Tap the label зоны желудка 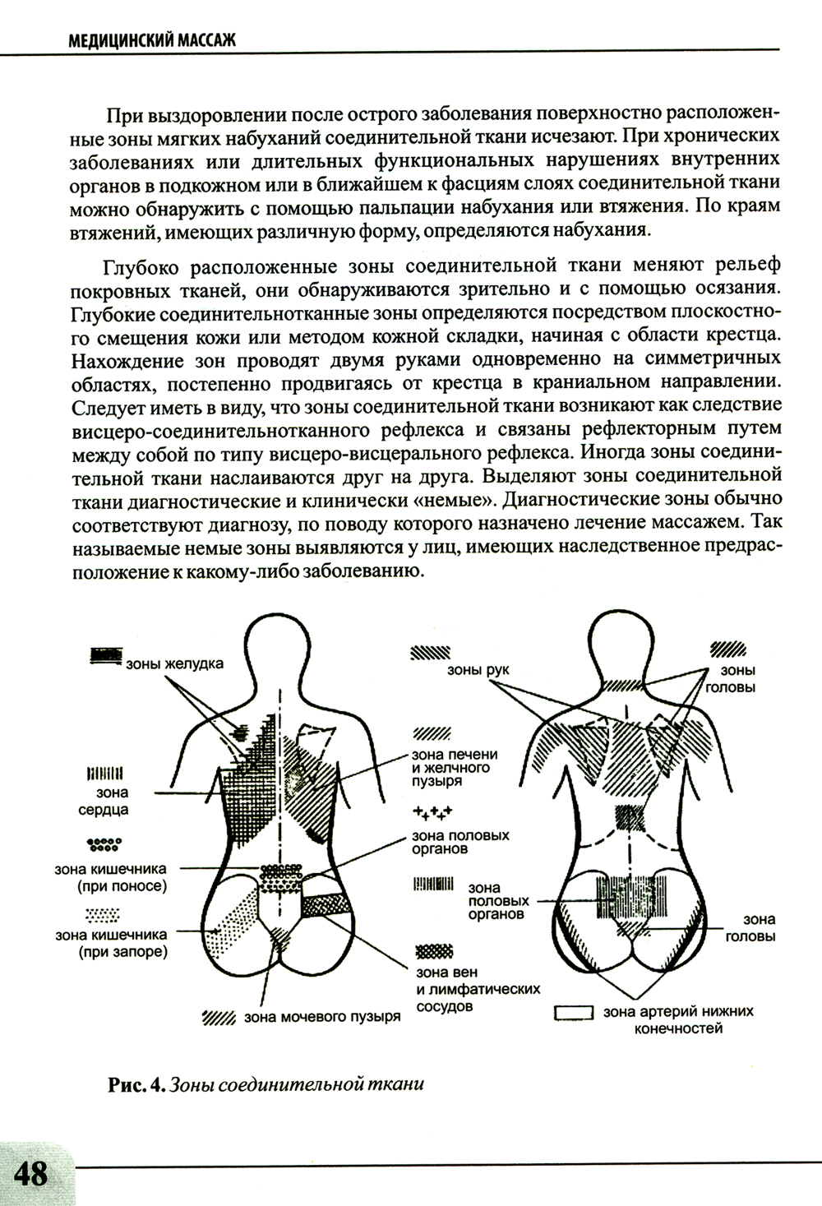point(173,663)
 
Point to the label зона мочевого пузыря point(321,1018)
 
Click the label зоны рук point(478,670)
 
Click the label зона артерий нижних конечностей point(678,1019)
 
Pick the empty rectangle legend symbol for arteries point(575,1014)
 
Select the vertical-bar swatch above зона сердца point(104,774)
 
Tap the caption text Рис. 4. point(136,1084)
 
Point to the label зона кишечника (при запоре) point(111,944)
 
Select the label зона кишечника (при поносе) point(111,877)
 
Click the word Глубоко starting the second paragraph point(144,268)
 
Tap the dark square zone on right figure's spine point(630,817)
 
